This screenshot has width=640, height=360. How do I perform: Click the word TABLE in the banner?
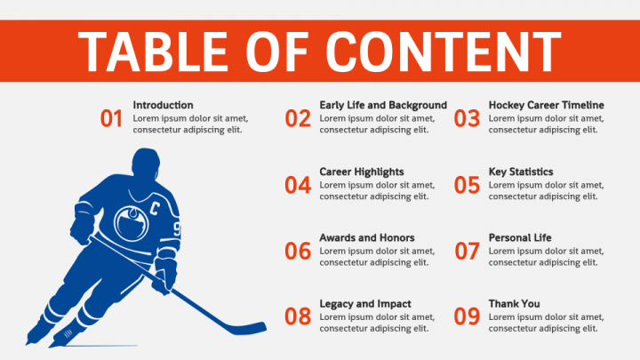tap(153, 52)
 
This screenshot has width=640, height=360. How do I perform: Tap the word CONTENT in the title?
tap(444, 52)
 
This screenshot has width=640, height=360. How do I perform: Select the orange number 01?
tap(111, 119)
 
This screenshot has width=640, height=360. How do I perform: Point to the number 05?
tap(467, 185)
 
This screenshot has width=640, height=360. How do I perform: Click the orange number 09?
tap(467, 316)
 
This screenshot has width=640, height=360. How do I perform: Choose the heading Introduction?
tap(163, 105)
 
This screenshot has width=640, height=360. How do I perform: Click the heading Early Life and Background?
tap(383, 105)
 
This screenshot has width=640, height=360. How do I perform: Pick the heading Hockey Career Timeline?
tap(546, 105)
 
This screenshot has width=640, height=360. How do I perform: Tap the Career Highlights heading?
tap(362, 172)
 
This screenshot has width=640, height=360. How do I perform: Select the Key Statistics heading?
tap(521, 172)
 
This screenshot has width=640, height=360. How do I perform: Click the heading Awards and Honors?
tap(367, 237)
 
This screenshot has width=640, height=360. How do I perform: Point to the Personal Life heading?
tap(520, 237)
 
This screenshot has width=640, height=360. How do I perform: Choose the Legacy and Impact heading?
tap(365, 304)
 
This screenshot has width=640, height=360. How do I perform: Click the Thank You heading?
tap(515, 304)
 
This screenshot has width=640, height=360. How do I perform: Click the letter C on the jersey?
tap(154, 209)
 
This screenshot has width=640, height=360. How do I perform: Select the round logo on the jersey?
tap(131, 223)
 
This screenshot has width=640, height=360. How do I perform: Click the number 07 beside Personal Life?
tap(467, 251)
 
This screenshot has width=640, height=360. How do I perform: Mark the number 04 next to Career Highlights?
tap(298, 185)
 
